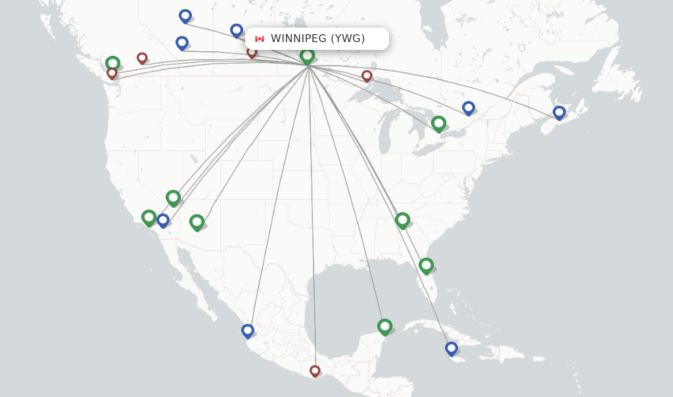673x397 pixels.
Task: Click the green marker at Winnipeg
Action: pos(307,56)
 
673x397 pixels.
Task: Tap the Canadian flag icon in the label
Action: pos(260,39)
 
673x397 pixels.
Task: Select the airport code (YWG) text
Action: pos(348,39)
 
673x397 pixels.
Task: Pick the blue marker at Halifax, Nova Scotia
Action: pos(559,112)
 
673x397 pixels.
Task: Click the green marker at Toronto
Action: pos(438,123)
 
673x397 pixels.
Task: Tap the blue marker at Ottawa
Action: pos(468,108)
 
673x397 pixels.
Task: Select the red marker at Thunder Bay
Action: pos(367,76)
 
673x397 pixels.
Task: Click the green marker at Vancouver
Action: pos(112,63)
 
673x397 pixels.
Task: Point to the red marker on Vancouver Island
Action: pos(112,73)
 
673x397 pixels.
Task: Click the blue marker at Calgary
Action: pos(182,43)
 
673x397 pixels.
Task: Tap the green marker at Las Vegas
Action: pos(173,197)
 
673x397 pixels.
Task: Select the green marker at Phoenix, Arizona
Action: pos(197,222)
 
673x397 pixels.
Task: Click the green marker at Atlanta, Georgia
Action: pos(402,220)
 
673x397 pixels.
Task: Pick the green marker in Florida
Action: pos(426,265)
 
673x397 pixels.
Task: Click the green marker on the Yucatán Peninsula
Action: pos(384,326)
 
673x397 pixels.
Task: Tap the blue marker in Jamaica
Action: pos(451,348)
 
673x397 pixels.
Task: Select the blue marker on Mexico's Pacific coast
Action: pos(247,331)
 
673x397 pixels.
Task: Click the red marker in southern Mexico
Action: pos(315,371)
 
